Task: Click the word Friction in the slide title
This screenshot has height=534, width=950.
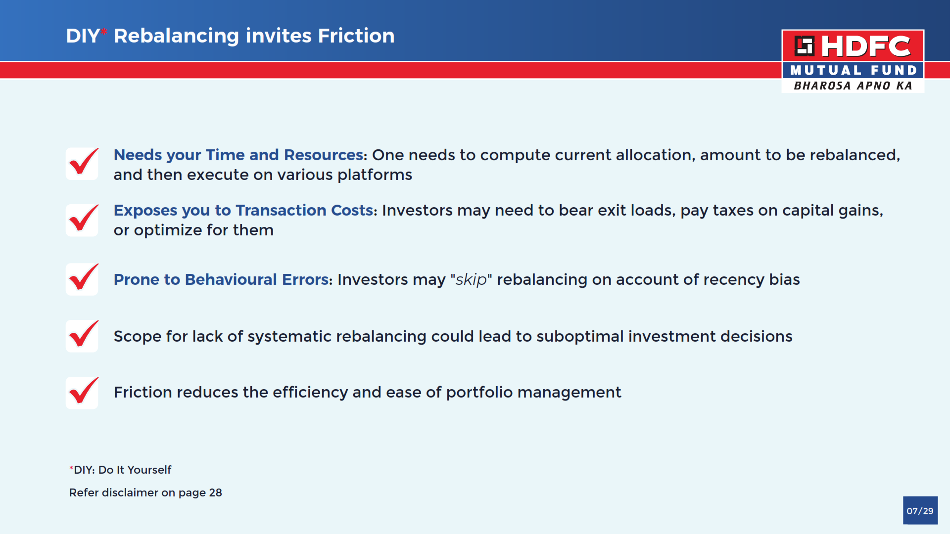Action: tap(356, 36)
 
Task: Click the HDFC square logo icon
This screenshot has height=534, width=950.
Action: tap(805, 46)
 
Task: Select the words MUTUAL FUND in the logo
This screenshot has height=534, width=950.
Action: tap(854, 70)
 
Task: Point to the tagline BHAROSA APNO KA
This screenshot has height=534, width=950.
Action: tap(853, 86)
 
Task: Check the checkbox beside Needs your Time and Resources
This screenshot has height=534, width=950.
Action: tap(82, 164)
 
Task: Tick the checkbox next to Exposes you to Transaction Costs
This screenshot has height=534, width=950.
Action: tap(82, 220)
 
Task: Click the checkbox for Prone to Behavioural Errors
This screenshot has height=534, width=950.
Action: tap(82, 279)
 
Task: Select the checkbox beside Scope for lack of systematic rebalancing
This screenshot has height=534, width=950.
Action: tap(82, 336)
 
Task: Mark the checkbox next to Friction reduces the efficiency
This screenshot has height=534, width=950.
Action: tap(82, 393)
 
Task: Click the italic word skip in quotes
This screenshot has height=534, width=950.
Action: tap(471, 280)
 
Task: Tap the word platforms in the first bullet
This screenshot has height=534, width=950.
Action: tap(375, 175)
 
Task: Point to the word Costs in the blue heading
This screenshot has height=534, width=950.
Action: tap(352, 210)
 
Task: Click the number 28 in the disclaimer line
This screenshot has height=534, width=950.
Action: tap(216, 492)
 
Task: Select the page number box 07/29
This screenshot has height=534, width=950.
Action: tap(920, 510)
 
